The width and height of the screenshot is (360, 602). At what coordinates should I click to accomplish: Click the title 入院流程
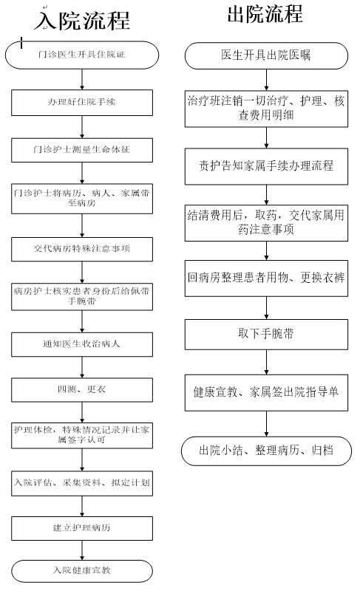click(82, 21)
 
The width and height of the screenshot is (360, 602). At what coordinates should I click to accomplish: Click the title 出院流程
click(265, 14)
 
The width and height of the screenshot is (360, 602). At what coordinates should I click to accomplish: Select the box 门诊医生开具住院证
click(82, 55)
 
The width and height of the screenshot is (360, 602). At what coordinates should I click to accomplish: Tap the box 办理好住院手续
click(82, 103)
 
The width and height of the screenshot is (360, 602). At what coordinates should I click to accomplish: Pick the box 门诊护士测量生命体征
click(82, 150)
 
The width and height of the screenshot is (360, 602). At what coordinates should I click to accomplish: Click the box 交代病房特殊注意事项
click(82, 249)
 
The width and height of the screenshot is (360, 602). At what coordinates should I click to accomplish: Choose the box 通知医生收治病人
click(82, 344)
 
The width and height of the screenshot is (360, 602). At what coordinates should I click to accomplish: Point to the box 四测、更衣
click(82, 390)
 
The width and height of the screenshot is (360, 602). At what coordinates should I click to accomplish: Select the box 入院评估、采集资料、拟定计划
click(82, 483)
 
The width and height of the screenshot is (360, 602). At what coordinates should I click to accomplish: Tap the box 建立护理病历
click(82, 528)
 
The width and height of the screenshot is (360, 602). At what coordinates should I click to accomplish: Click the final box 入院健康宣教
click(82, 571)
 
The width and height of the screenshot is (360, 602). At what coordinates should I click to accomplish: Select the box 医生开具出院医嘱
click(266, 55)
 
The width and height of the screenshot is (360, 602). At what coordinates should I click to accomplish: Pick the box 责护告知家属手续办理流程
click(266, 167)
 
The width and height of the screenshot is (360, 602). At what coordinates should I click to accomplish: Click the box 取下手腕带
click(266, 335)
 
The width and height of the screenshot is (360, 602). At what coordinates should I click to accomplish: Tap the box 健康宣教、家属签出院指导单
click(266, 393)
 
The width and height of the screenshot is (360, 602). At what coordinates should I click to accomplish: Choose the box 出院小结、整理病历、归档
click(266, 451)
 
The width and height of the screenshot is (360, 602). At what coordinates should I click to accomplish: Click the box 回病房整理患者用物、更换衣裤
click(266, 278)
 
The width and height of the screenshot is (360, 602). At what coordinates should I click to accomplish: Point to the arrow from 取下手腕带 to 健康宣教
click(266, 362)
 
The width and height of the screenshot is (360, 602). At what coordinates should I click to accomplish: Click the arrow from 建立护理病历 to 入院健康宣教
click(82, 550)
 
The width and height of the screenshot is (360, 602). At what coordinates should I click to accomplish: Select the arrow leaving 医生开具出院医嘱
click(266, 80)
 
